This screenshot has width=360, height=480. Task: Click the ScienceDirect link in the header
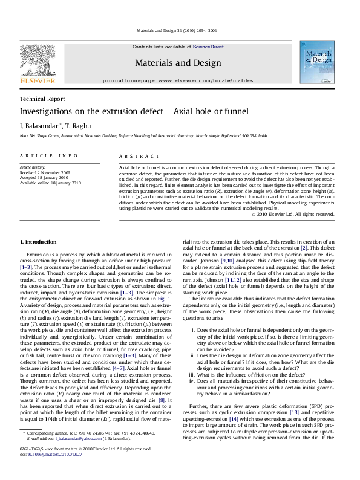click(208, 47)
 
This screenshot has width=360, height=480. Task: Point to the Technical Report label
click(41, 99)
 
